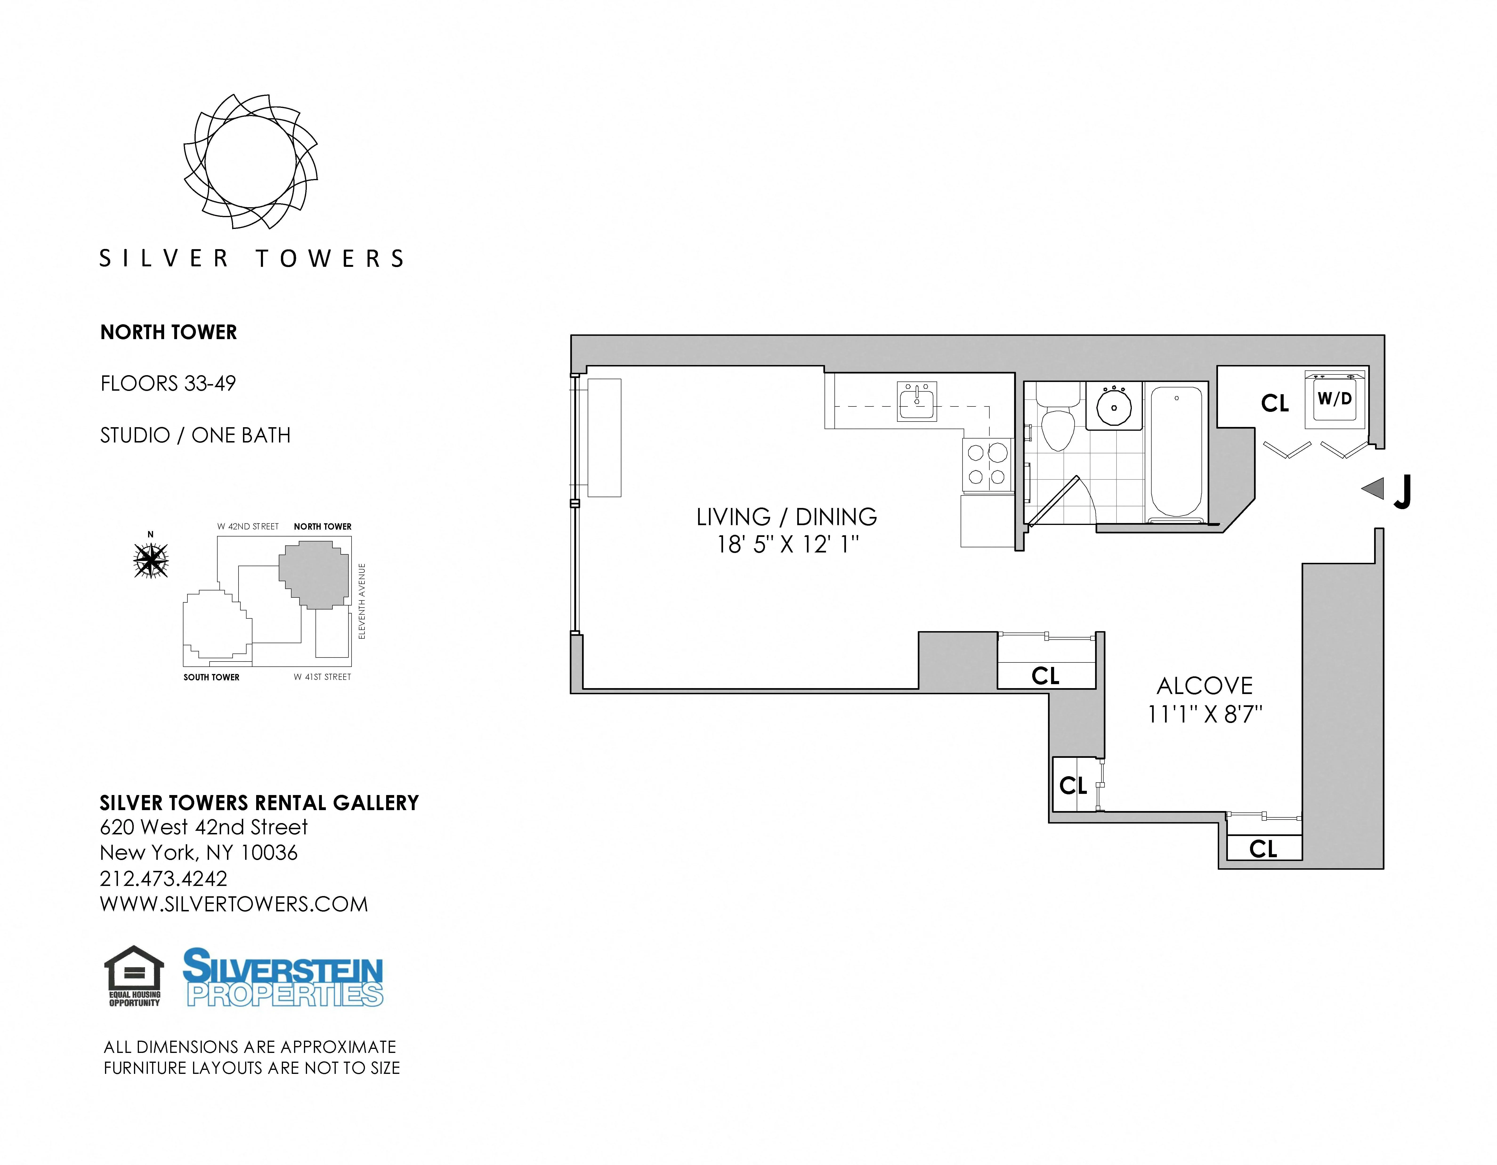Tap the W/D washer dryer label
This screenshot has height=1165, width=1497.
1335,398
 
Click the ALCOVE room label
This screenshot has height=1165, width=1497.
1204,686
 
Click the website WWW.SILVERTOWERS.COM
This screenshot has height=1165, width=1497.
234,905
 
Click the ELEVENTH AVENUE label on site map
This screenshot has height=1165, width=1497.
362,601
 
